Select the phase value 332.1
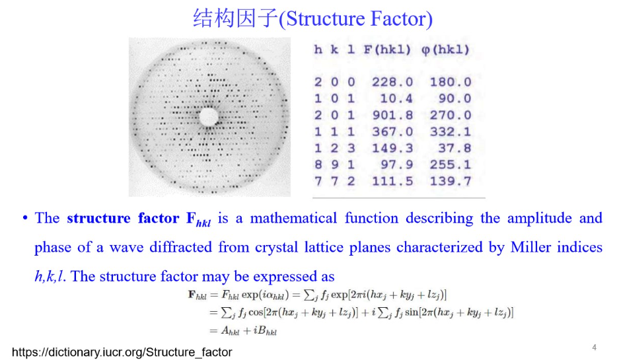click(x=451, y=131)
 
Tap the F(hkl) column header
click(x=387, y=50)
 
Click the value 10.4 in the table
click(x=397, y=98)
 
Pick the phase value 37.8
click(x=455, y=148)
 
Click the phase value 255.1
click(x=451, y=164)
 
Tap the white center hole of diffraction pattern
click(x=209, y=117)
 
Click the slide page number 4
click(x=594, y=347)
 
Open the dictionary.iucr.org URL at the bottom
click(x=122, y=352)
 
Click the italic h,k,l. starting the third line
click(x=50, y=276)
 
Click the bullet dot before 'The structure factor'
click(x=24, y=219)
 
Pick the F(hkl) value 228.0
click(x=392, y=82)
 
